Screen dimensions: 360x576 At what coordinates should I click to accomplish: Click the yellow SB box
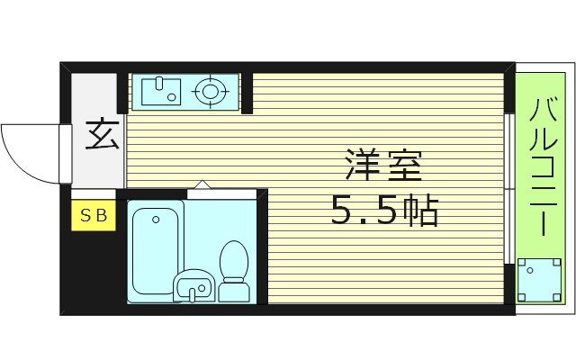point(94,215)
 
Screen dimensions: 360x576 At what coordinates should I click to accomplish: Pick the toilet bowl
point(234,258)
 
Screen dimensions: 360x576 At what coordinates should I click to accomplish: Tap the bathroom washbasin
point(193,286)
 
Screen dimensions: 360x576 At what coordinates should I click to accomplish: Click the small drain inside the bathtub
point(156,218)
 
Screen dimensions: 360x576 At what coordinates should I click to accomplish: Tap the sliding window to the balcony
point(510,189)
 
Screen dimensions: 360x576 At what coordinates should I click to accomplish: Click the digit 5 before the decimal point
point(343,211)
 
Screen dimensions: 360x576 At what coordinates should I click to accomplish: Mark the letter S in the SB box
point(87,215)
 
